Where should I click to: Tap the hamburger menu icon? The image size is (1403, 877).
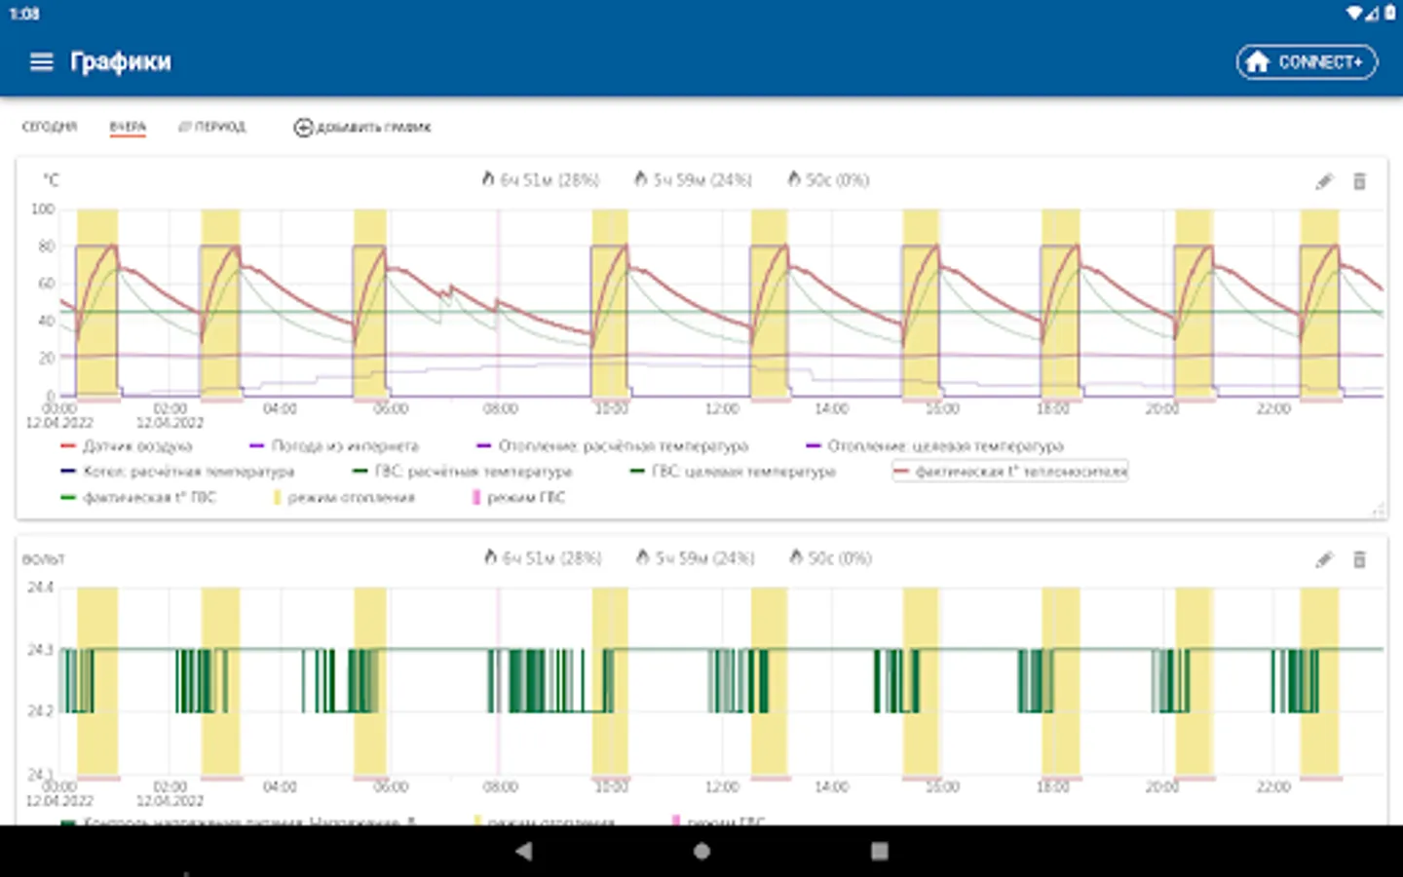pos(41,62)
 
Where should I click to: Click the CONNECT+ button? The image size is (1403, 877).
pos(1307,62)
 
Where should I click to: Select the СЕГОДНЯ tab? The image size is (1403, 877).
pos(49,127)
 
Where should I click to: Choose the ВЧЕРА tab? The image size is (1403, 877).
pos(128,127)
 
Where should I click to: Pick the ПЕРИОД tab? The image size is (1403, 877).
pos(213,127)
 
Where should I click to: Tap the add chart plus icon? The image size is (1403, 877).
pos(303,128)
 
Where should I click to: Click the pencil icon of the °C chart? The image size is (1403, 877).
pos(1324,181)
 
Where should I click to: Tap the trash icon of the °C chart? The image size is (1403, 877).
pos(1360,181)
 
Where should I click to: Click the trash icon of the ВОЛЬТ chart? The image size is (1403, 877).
pos(1360,559)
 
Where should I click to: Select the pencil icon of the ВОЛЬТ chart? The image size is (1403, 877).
pos(1324,559)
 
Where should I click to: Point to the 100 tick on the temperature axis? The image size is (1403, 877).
pos(43,209)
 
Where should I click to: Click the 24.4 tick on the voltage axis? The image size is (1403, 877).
pos(41,588)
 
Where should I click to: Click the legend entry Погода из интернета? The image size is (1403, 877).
pos(344,445)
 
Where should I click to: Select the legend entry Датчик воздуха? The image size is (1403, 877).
pos(136,445)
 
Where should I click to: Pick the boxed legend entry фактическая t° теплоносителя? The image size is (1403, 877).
pos(1010,472)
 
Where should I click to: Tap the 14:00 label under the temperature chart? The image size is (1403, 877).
pos(831,409)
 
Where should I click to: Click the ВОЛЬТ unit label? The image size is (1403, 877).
pos(44,559)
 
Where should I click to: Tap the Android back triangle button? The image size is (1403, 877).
pos(524,851)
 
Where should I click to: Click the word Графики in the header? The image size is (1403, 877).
pos(121,62)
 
